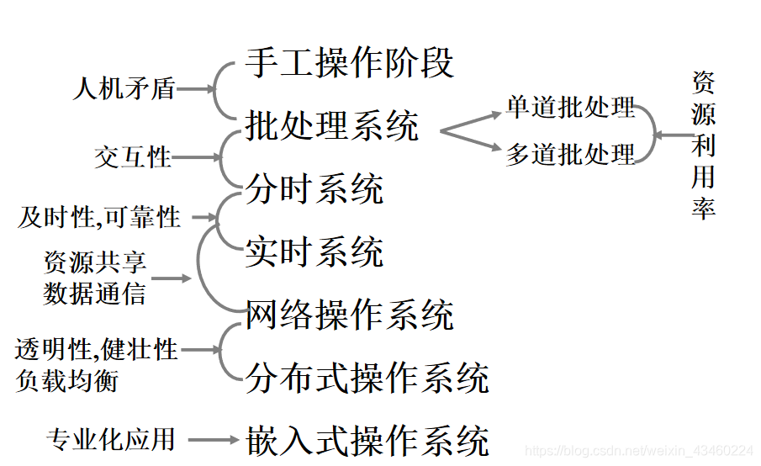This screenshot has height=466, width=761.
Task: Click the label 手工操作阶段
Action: (x=350, y=63)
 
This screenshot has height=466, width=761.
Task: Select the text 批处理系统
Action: (x=332, y=127)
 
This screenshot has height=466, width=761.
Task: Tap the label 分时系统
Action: (x=314, y=189)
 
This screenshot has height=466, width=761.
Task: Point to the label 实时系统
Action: (x=314, y=252)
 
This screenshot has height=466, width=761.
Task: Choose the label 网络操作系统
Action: (x=350, y=315)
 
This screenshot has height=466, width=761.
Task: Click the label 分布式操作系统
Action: (x=367, y=378)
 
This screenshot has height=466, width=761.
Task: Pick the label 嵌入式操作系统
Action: (x=367, y=441)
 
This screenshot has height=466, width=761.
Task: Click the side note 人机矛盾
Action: (x=124, y=89)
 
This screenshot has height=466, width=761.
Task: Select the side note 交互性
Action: (x=133, y=157)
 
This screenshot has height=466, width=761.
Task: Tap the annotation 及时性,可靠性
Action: (x=99, y=218)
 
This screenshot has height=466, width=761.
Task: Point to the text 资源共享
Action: (x=95, y=262)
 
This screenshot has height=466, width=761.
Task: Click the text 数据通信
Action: (x=95, y=293)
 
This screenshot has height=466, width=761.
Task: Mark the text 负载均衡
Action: (x=66, y=379)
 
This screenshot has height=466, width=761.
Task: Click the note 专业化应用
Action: (x=111, y=439)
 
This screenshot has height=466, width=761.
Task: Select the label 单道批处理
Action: (x=570, y=108)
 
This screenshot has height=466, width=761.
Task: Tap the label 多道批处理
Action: (x=570, y=155)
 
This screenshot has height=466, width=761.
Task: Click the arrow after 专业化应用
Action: (x=214, y=439)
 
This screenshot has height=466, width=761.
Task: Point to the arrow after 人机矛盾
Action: (x=195, y=89)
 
